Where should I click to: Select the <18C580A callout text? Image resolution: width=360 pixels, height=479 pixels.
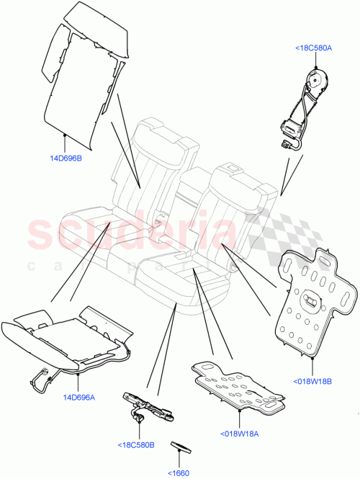tap(313, 48)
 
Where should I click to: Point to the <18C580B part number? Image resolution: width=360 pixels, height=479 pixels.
tap(135, 444)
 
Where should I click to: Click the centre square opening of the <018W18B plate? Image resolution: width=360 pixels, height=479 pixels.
tap(315, 299)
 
